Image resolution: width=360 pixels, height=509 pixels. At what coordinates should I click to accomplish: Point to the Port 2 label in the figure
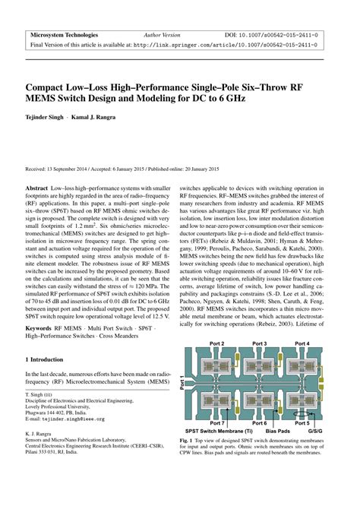click(217, 344)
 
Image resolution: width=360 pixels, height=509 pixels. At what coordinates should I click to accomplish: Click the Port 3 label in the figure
click(260, 344)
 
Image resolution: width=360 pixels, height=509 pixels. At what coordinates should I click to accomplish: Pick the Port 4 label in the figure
click(302, 344)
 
